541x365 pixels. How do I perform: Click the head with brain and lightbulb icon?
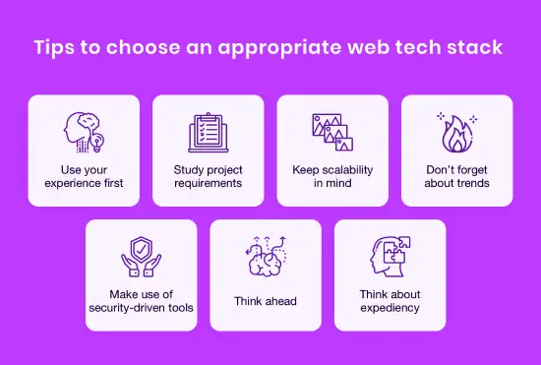[84, 130]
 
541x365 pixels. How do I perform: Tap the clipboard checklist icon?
[208, 131]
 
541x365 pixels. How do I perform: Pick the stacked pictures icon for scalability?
[331, 130]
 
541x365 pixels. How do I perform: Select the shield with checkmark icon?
[141, 257]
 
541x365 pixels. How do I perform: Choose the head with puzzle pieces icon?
[391, 257]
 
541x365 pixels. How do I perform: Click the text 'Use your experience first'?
[84, 176]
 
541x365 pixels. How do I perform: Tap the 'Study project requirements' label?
[208, 176]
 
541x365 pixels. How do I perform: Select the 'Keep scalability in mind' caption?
[331, 176]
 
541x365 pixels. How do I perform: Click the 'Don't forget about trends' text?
[456, 176]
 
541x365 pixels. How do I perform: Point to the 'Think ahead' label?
[266, 301]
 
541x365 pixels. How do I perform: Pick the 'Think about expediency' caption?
[391, 301]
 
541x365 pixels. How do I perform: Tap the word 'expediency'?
[391, 308]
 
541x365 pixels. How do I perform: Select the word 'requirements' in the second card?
[208, 183]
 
